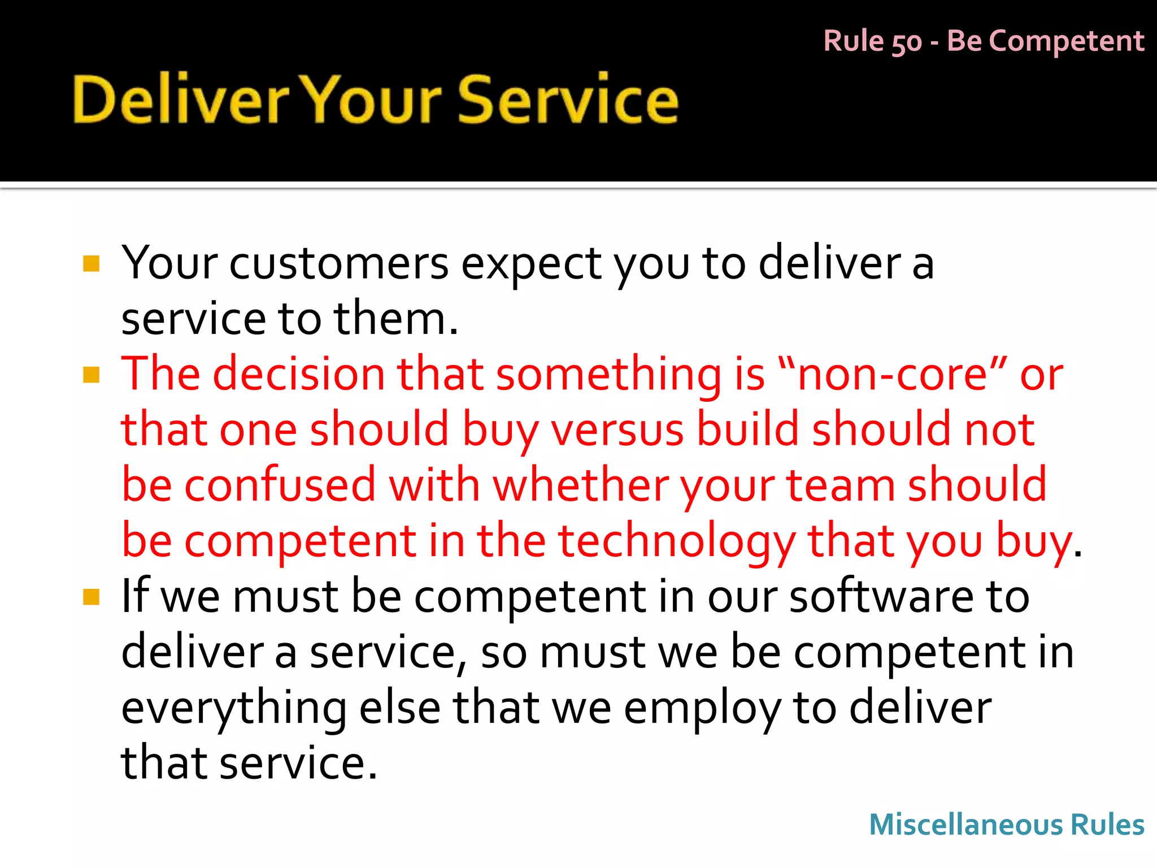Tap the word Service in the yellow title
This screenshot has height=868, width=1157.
click(567, 100)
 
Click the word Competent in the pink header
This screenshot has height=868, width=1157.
click(1067, 41)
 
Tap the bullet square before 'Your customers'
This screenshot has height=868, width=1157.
click(91, 264)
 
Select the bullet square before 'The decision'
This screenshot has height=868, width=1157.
click(91, 375)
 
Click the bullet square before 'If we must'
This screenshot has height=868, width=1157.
click(91, 597)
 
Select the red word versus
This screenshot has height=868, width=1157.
click(617, 429)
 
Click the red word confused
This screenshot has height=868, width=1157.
click(280, 485)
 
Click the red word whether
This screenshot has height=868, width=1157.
click(580, 485)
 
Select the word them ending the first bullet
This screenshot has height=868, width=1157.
click(390, 319)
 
